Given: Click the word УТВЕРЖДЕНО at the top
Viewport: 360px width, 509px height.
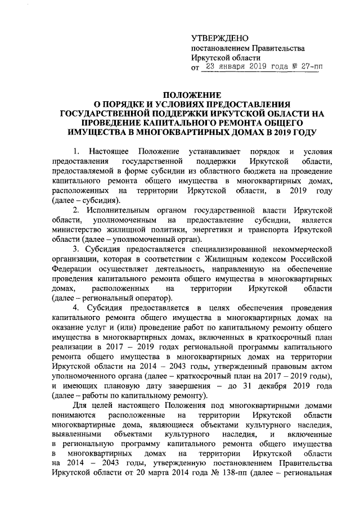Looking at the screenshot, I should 219,38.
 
